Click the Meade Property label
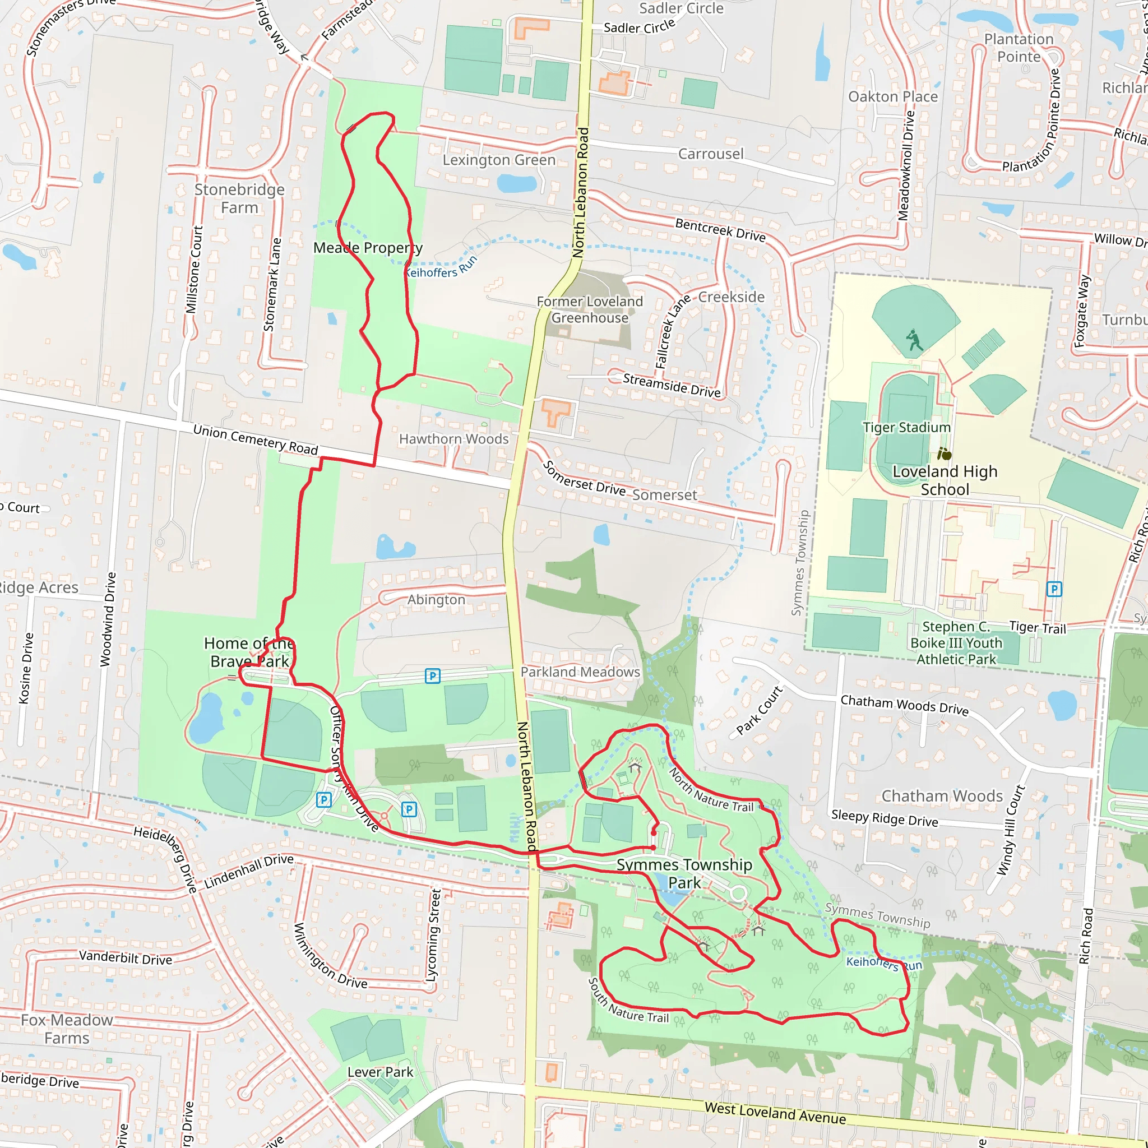click(x=368, y=248)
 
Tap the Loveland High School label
click(x=944, y=480)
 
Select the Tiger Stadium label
click(x=906, y=427)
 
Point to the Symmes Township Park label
click(x=684, y=873)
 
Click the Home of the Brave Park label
click(x=249, y=652)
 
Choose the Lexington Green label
click(x=498, y=160)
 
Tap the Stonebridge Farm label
click(x=239, y=198)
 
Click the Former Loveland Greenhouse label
click(x=590, y=309)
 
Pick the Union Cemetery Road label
click(x=256, y=439)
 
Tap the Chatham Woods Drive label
click(x=904, y=705)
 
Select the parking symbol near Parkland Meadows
click(x=433, y=676)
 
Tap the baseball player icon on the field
click(x=914, y=340)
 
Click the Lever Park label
click(x=380, y=1072)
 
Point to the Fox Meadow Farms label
click(x=67, y=1029)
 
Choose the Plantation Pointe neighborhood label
click(x=1019, y=48)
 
